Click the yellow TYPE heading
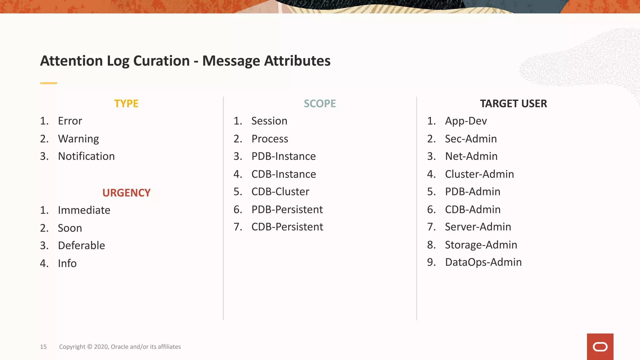point(126,103)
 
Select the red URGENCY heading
point(126,193)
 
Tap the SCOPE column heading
point(320,103)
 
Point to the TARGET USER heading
point(513,103)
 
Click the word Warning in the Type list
point(78,139)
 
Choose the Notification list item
point(86,156)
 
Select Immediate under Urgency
point(84,210)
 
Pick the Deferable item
point(81,246)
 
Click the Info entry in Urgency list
point(67,263)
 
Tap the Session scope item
point(269,121)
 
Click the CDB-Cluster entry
point(280,192)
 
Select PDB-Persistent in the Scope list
point(287,209)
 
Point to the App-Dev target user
point(466,121)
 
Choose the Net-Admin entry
point(471,156)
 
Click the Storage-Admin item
point(481,245)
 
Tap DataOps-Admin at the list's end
point(483,262)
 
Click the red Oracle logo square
point(600,347)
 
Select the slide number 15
point(43,347)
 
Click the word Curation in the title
point(161,61)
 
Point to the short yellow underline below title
point(48,83)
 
